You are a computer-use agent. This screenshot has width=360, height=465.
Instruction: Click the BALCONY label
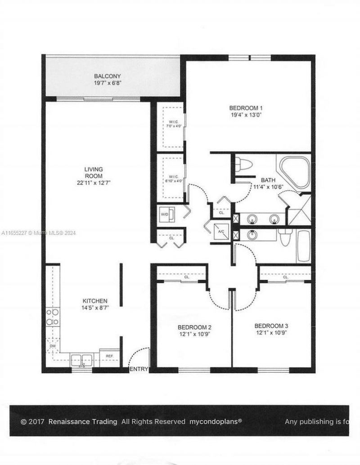[x=107, y=76]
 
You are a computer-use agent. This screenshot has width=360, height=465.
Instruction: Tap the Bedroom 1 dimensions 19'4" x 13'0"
[x=246, y=115]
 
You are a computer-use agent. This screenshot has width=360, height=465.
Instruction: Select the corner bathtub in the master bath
[x=295, y=170]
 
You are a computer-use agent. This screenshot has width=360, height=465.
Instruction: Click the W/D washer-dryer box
[x=165, y=215]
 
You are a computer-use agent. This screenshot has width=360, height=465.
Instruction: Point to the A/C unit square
[x=221, y=231]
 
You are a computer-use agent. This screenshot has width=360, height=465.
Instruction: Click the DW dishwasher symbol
[x=52, y=346]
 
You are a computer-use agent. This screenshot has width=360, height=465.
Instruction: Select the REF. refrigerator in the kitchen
[x=109, y=355]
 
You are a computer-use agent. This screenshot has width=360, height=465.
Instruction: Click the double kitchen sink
[x=82, y=359]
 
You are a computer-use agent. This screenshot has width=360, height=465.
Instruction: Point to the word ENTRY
[x=139, y=369]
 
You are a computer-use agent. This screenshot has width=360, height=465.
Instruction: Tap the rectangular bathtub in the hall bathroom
[x=303, y=246]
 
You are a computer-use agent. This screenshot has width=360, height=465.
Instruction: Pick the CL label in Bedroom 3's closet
[x=285, y=277]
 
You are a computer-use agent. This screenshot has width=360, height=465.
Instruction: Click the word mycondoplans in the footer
[x=215, y=421]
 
